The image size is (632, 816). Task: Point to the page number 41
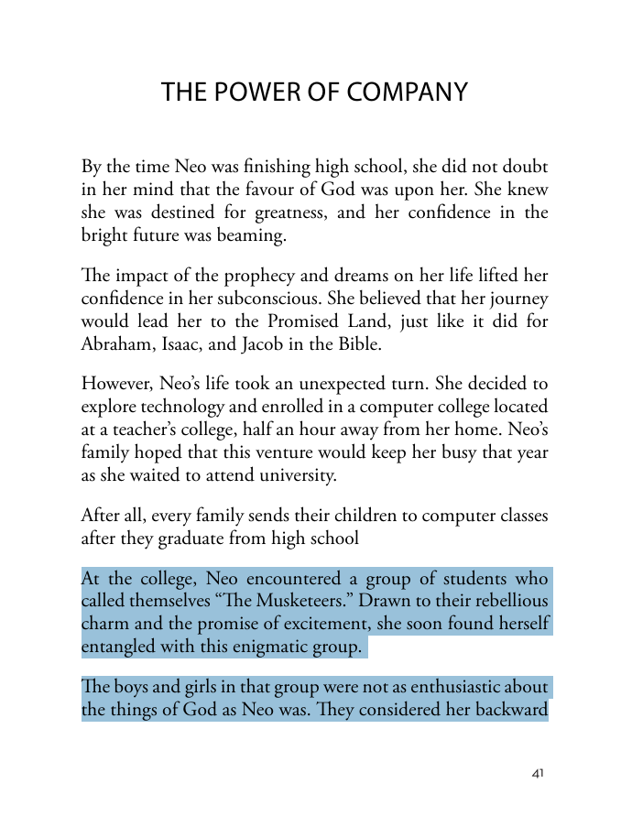[x=538, y=774]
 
